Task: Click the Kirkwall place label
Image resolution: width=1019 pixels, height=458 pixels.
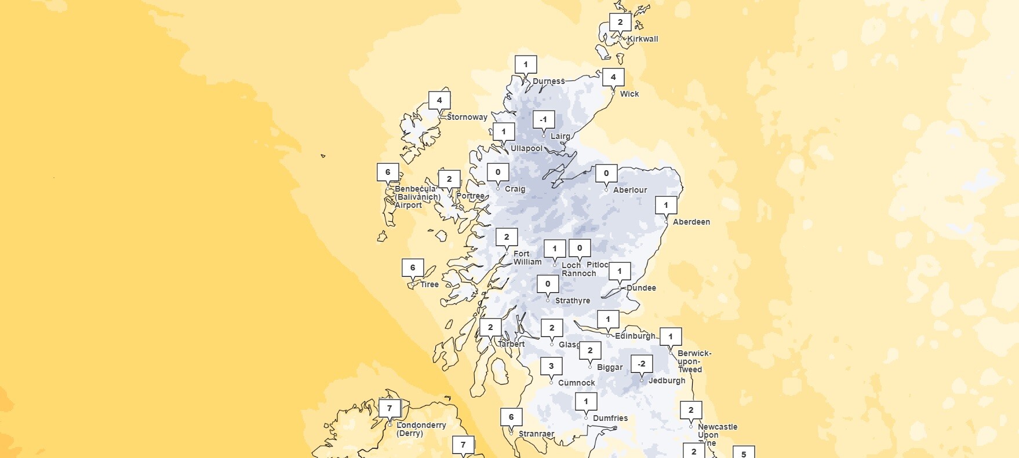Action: click(642, 39)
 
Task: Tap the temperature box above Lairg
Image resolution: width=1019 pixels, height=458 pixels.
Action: click(543, 120)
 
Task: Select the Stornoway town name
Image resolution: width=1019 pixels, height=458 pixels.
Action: click(467, 117)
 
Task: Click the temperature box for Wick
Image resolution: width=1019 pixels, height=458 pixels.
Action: click(613, 78)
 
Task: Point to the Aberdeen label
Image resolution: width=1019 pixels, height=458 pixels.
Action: click(691, 222)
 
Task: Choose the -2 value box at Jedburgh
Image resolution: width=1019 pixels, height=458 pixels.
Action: click(641, 364)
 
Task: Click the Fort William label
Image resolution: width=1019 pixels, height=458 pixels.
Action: click(527, 258)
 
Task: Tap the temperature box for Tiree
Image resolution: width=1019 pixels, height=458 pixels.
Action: click(413, 268)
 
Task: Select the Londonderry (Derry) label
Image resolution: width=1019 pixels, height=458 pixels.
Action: click(421, 429)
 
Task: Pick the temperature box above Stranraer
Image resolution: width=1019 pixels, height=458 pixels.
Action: click(511, 417)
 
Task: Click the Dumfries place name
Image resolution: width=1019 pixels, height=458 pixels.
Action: click(610, 418)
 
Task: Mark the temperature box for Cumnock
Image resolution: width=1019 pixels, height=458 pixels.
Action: click(551, 366)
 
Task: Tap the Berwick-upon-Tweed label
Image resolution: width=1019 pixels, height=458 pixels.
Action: click(694, 361)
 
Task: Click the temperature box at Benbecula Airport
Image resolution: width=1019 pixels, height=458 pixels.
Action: click(388, 172)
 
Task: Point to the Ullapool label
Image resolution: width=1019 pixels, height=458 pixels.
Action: click(526, 148)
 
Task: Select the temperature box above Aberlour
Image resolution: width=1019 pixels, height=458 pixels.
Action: click(606, 173)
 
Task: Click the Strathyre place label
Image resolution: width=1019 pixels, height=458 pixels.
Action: click(572, 301)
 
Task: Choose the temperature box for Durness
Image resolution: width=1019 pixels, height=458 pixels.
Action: click(526, 64)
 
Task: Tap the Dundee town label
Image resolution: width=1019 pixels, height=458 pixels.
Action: click(641, 288)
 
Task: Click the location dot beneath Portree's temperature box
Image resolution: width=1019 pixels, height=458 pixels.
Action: click(449, 195)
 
